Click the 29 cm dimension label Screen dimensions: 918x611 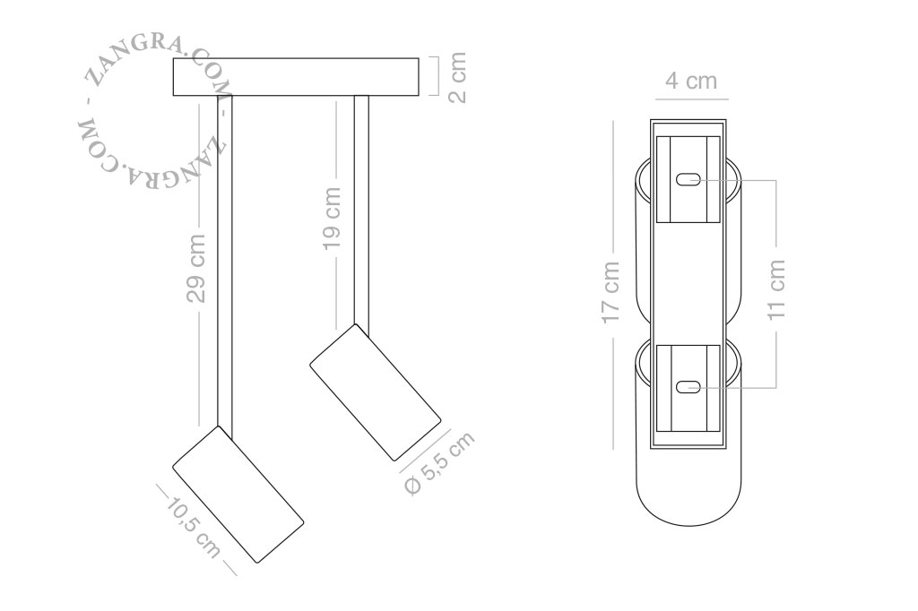point(197,268)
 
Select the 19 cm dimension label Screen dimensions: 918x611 point(333,219)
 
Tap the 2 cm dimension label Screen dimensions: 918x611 point(458,77)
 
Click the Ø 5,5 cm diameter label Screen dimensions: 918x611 point(439,463)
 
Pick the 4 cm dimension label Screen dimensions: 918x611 point(691,81)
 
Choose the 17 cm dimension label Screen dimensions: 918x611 point(610,292)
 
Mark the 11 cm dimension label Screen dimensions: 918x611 point(776,289)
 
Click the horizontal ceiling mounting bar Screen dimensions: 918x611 point(296,77)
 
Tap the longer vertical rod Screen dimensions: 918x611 point(225,261)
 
